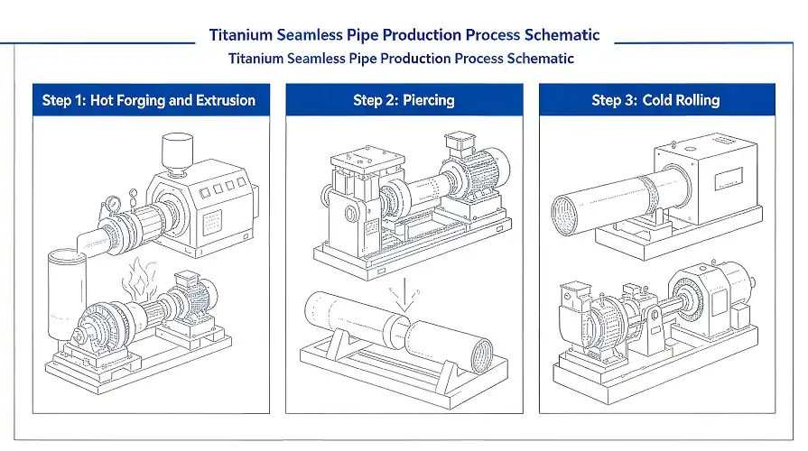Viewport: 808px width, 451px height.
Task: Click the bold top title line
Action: coord(404,35)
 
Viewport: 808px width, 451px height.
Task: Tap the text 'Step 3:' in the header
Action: coord(614,100)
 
